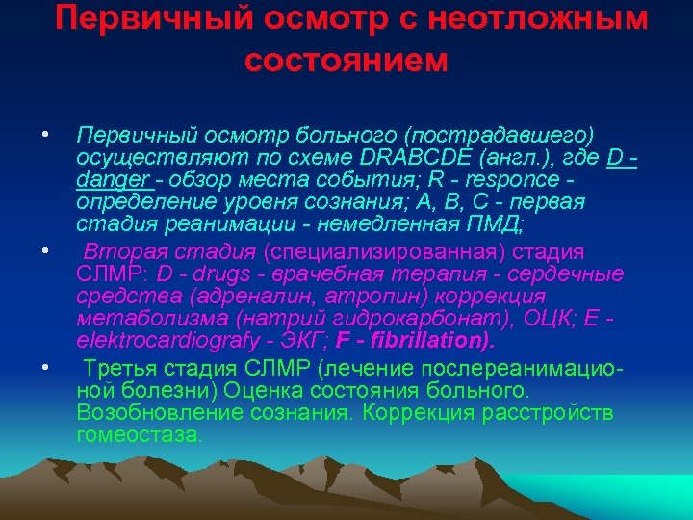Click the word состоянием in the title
(346, 60)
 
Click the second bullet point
(45, 252)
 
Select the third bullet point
(45, 368)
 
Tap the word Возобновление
(157, 412)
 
